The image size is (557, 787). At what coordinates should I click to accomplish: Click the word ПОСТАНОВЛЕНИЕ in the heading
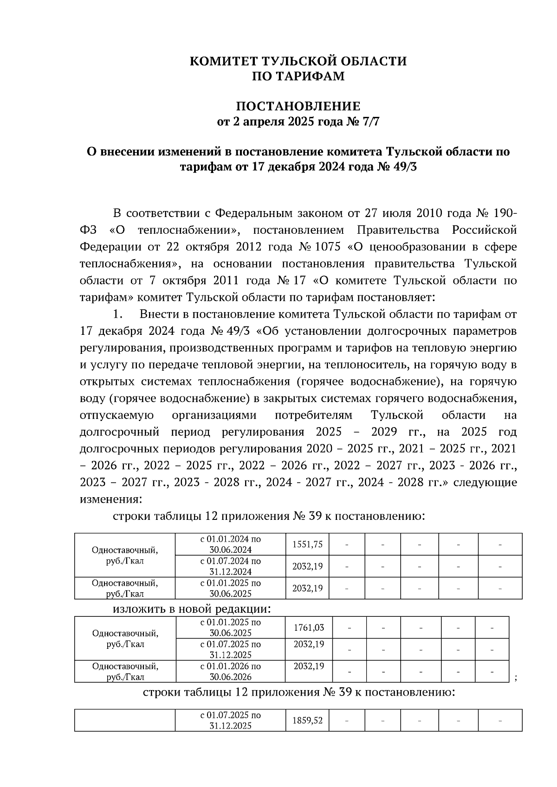(x=298, y=106)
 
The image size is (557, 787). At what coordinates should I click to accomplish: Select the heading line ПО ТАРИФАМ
(x=298, y=77)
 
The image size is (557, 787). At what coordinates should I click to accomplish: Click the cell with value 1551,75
(x=307, y=544)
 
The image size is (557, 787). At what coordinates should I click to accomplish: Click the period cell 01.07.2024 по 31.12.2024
(x=230, y=566)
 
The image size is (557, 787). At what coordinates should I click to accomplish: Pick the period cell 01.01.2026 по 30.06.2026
(x=230, y=671)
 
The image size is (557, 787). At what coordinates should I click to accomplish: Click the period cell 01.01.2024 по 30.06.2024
(x=230, y=544)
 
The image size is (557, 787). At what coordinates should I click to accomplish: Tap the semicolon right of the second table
(x=516, y=678)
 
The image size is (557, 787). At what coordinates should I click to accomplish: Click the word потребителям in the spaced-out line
(x=313, y=415)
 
